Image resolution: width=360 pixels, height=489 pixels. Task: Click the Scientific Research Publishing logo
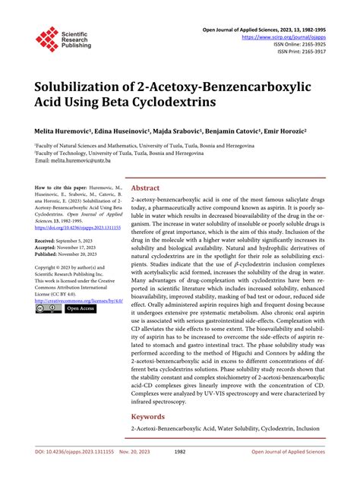pyautogui.click(x=63, y=39)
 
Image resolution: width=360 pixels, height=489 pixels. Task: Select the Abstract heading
pyautogui.click(x=145, y=187)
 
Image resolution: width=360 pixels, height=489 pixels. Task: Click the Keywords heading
pyautogui.click(x=147, y=416)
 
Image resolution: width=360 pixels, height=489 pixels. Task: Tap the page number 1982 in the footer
pyautogui.click(x=180, y=473)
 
